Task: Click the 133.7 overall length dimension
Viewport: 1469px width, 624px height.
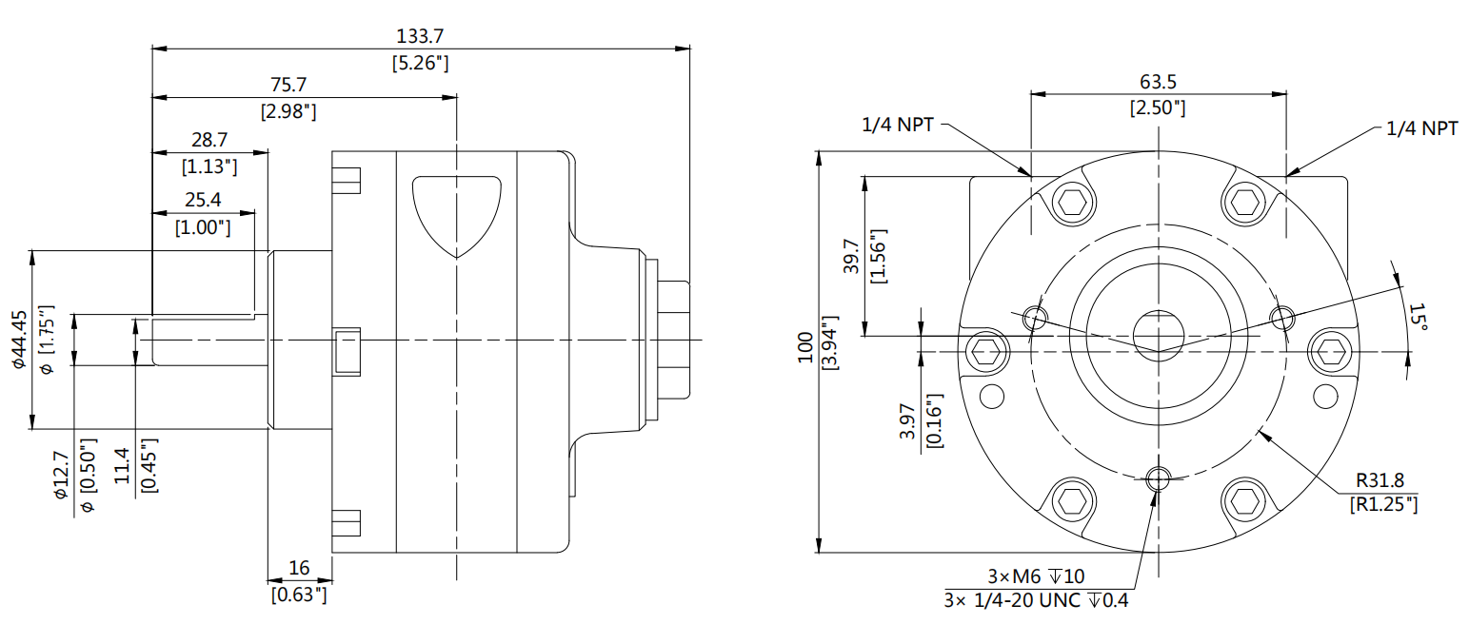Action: pyautogui.click(x=420, y=36)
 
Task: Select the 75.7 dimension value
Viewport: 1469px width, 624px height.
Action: pyautogui.click(x=288, y=86)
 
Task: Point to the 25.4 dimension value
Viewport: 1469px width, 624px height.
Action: pyautogui.click(x=204, y=201)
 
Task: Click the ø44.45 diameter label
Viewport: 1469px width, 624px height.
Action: pyautogui.click(x=18, y=339)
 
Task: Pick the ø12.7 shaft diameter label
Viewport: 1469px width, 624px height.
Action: pyautogui.click(x=62, y=473)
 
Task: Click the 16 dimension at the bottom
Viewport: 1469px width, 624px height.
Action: pyautogui.click(x=299, y=568)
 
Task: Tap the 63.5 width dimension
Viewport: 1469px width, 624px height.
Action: pyautogui.click(x=1157, y=82)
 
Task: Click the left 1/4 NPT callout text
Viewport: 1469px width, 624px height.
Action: pyautogui.click(x=898, y=125)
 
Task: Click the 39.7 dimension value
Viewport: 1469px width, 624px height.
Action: pyautogui.click(x=851, y=256)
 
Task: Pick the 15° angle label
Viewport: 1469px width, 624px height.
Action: pyautogui.click(x=1418, y=318)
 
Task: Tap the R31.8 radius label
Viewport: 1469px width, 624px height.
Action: pyautogui.click(x=1383, y=481)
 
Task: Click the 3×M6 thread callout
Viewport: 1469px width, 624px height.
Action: pyautogui.click(x=1035, y=576)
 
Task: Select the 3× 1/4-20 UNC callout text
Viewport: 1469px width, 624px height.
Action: pyautogui.click(x=1036, y=600)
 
